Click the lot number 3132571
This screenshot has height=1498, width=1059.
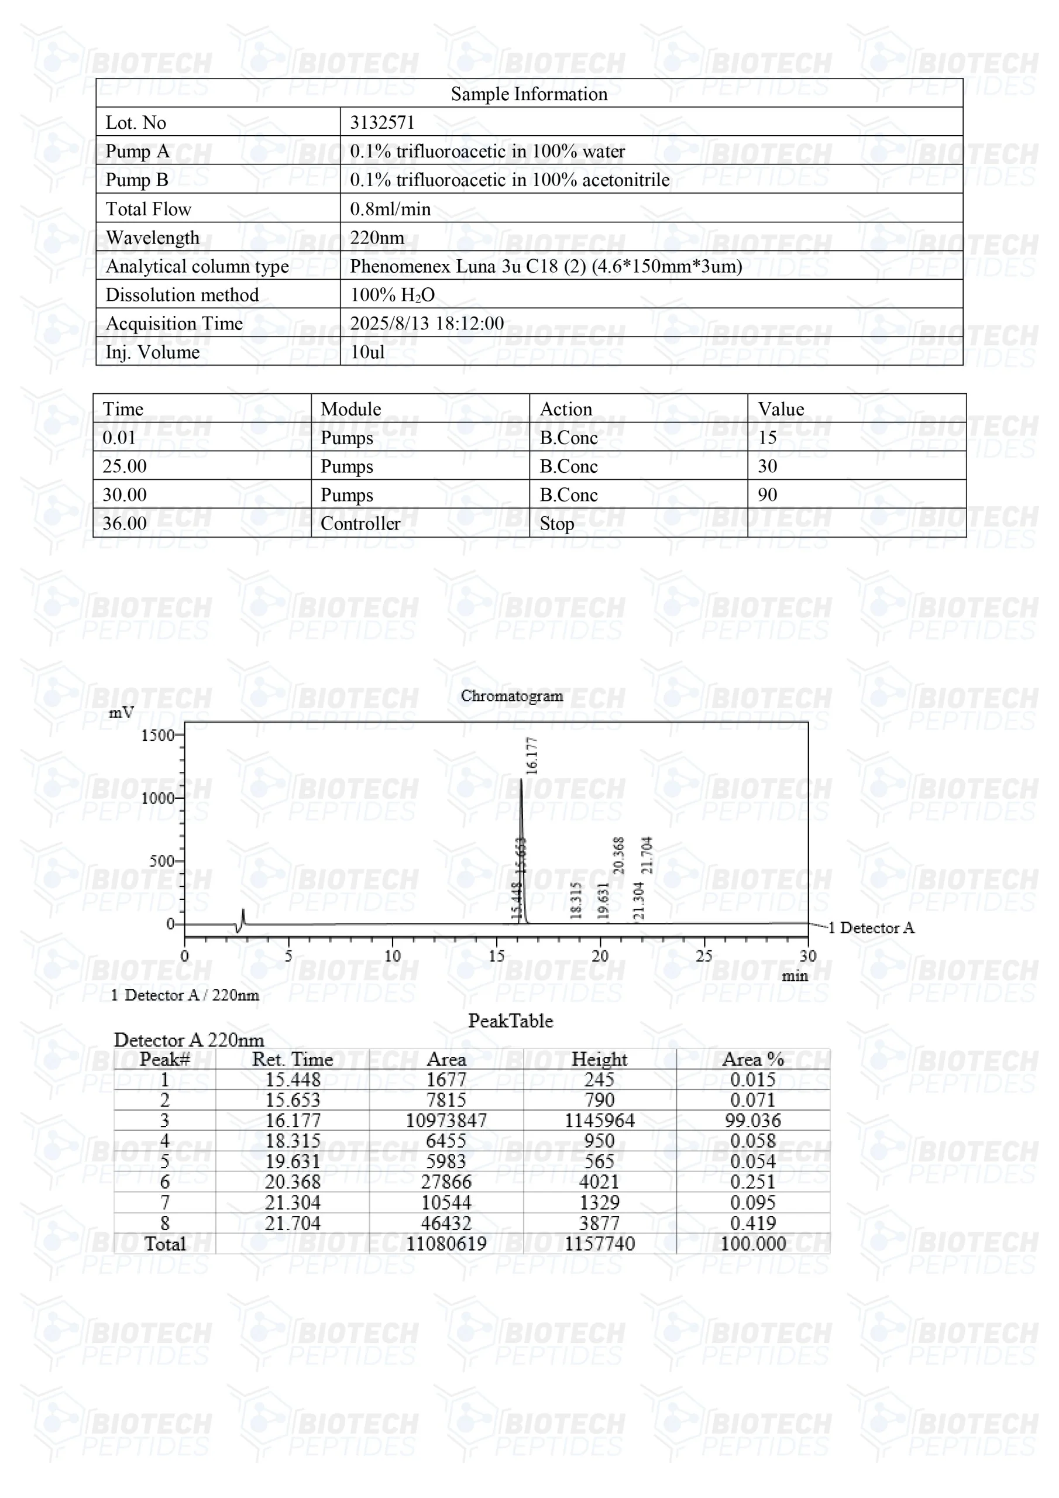(381, 123)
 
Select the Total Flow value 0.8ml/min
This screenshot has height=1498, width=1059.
(390, 209)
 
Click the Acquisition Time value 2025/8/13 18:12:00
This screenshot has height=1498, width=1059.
(427, 324)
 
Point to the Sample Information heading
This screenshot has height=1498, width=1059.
(528, 94)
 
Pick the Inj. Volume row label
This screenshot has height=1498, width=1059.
(153, 352)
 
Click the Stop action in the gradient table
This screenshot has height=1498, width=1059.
(556, 524)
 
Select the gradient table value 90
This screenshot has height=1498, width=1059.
(767, 494)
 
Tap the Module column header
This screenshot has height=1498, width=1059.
(351, 409)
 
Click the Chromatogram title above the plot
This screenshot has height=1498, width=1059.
(511, 696)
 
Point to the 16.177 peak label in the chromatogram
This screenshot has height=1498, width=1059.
(532, 755)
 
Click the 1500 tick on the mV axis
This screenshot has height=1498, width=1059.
(158, 736)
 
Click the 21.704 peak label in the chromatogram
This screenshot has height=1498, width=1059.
(647, 855)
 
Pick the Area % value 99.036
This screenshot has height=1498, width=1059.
(752, 1120)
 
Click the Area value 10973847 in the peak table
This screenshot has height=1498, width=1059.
(446, 1120)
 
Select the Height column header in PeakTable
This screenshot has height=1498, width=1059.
(599, 1059)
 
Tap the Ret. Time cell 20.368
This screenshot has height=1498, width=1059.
(293, 1181)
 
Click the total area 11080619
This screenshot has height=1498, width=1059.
(446, 1243)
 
